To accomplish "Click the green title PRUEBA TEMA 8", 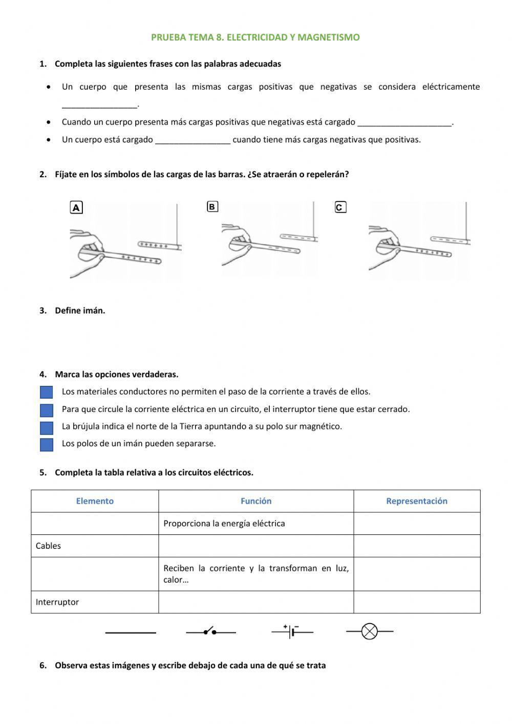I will [x=255, y=37].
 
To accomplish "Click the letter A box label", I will [x=76, y=208].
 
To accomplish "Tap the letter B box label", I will [x=212, y=206].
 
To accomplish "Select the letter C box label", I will [x=340, y=208].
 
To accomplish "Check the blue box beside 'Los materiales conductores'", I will [x=47, y=392].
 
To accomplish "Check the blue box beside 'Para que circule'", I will [x=47, y=410].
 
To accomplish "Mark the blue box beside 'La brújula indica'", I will [x=47, y=427].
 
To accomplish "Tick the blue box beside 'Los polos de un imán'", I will [x=47, y=444].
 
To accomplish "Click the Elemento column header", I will [x=95, y=501].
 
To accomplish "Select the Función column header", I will [x=256, y=501].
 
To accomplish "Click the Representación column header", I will [x=416, y=501].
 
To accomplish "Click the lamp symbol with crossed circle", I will [x=370, y=631].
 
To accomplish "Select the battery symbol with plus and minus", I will [x=292, y=631].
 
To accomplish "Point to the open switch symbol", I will [x=210, y=632].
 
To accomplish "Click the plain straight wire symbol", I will [x=131, y=633].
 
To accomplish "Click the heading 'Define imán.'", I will [x=80, y=311].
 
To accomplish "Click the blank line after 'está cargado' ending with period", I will [x=404, y=123].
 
